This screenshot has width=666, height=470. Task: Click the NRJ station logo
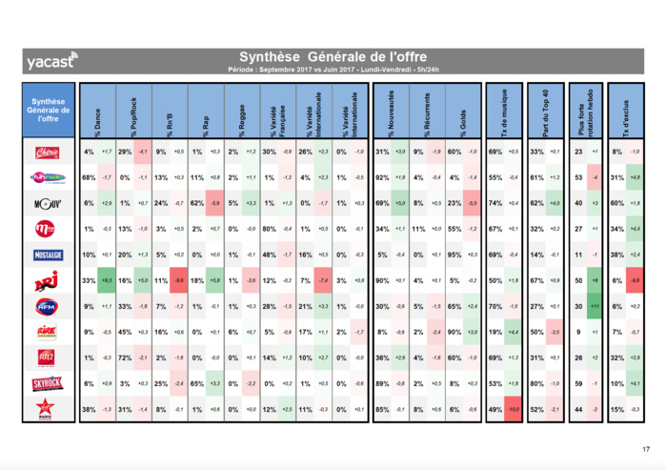(x=48, y=280)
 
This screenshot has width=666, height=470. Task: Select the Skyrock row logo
(x=48, y=383)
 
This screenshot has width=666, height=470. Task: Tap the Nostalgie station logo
(x=48, y=255)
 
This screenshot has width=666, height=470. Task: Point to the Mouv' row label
(x=48, y=203)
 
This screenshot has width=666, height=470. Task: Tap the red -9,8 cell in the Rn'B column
(x=178, y=280)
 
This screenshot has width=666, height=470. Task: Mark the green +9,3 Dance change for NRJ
(x=106, y=280)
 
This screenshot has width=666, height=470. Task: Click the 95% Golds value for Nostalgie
(x=454, y=255)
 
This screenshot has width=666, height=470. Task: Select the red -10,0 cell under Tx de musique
(x=513, y=409)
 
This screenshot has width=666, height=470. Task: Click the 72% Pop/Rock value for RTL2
(x=124, y=358)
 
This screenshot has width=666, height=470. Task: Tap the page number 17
(x=645, y=449)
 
